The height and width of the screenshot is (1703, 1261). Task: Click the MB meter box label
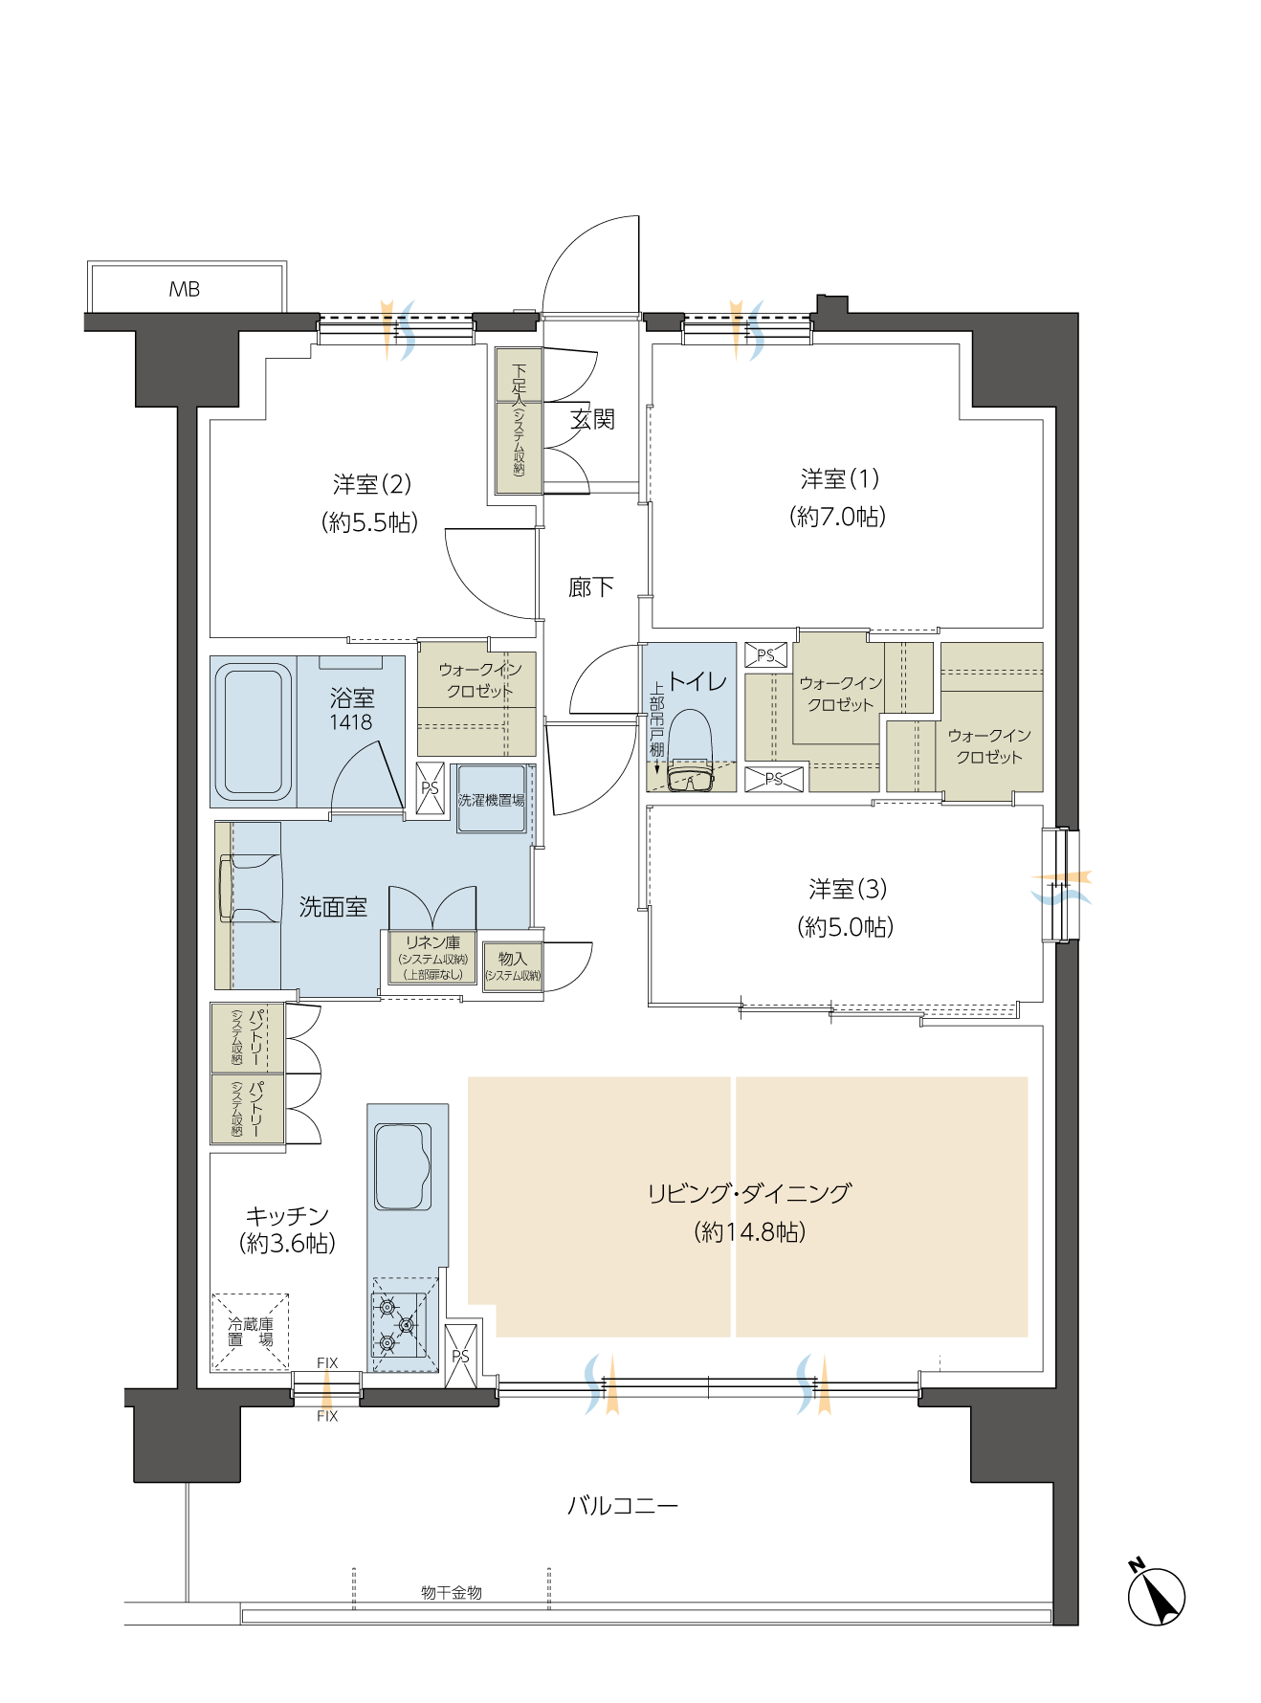click(184, 289)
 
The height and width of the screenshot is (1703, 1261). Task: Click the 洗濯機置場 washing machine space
click(492, 799)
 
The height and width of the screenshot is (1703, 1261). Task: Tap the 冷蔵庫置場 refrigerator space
click(251, 1332)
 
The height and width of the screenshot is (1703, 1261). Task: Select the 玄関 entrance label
click(592, 419)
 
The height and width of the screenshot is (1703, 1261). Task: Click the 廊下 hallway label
click(591, 587)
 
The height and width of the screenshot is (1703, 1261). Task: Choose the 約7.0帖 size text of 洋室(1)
click(838, 517)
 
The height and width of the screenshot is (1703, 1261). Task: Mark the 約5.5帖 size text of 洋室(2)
click(370, 522)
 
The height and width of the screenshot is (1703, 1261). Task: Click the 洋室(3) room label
click(848, 889)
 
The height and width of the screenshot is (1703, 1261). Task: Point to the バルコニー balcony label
click(623, 1506)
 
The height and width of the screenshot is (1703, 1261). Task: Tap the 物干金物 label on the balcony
click(452, 1592)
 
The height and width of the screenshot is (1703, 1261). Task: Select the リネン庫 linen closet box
click(432, 958)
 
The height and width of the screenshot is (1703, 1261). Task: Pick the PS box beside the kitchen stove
click(461, 1357)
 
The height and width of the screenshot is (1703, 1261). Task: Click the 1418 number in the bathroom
click(351, 722)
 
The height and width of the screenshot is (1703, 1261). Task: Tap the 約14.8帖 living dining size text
click(750, 1231)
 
